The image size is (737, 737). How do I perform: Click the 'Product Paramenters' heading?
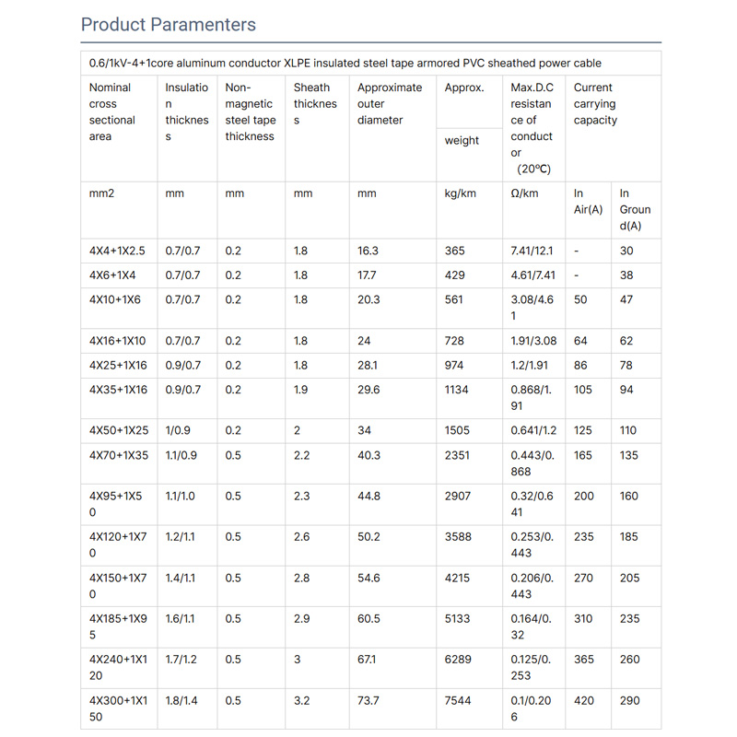(x=169, y=24)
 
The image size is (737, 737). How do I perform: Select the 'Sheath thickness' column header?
(x=315, y=104)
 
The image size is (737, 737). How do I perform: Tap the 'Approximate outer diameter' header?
(x=390, y=104)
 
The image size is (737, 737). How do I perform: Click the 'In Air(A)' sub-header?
(x=588, y=202)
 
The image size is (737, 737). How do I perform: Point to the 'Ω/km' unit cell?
(x=524, y=193)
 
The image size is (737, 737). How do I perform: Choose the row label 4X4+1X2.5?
(x=117, y=251)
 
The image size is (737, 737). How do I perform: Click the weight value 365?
(x=455, y=251)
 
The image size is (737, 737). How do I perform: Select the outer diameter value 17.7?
(x=367, y=275)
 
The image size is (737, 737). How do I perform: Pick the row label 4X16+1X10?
(x=117, y=341)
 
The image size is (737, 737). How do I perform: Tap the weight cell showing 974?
(x=455, y=365)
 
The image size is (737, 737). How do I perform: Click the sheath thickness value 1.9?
(x=301, y=390)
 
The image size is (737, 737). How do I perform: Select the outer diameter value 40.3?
(x=368, y=454)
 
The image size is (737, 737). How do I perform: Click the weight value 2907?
(x=459, y=496)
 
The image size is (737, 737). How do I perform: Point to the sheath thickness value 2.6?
(x=302, y=536)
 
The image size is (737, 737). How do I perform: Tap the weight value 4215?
(x=459, y=578)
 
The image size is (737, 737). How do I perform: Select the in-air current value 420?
(x=584, y=700)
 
